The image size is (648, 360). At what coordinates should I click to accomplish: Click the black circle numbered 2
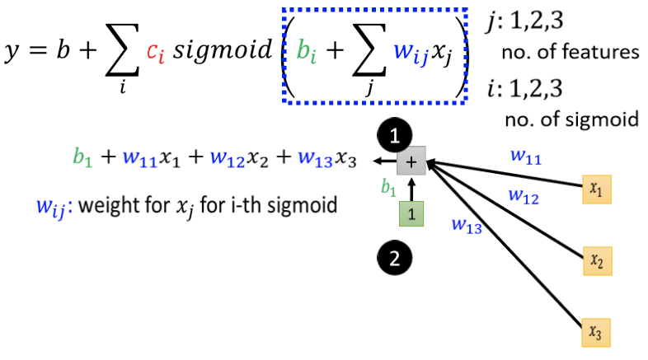tap(395, 259)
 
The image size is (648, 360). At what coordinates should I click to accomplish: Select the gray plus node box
tap(410, 162)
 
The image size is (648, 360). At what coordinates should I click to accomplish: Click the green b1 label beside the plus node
tap(387, 188)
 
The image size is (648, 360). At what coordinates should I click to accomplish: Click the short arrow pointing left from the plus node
tap(383, 162)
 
